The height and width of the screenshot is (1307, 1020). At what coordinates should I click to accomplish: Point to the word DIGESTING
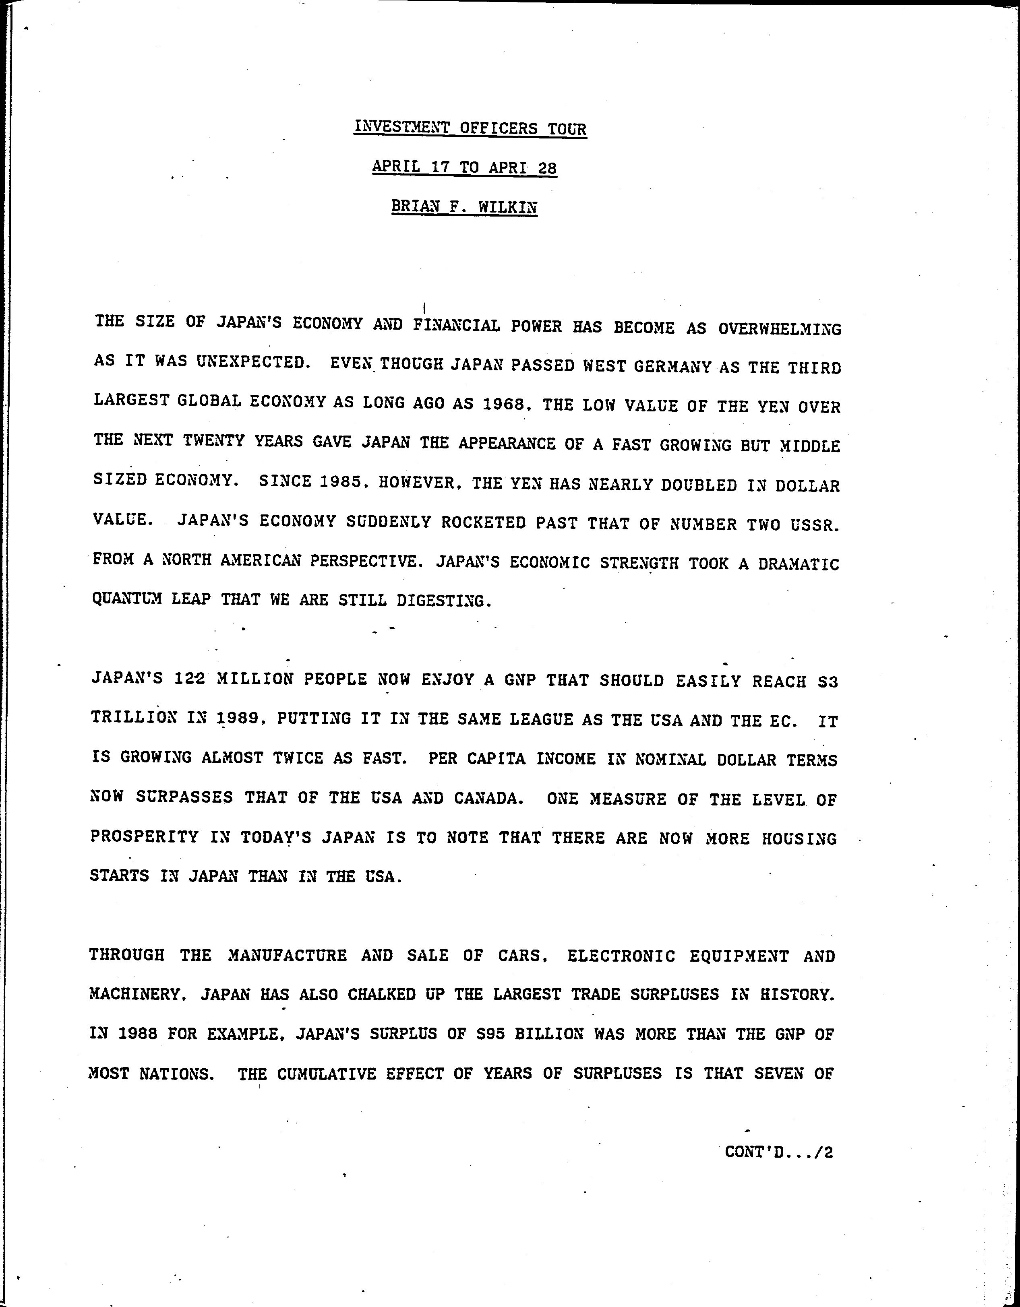point(443,601)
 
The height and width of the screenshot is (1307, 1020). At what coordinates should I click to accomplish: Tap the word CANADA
point(486,798)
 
